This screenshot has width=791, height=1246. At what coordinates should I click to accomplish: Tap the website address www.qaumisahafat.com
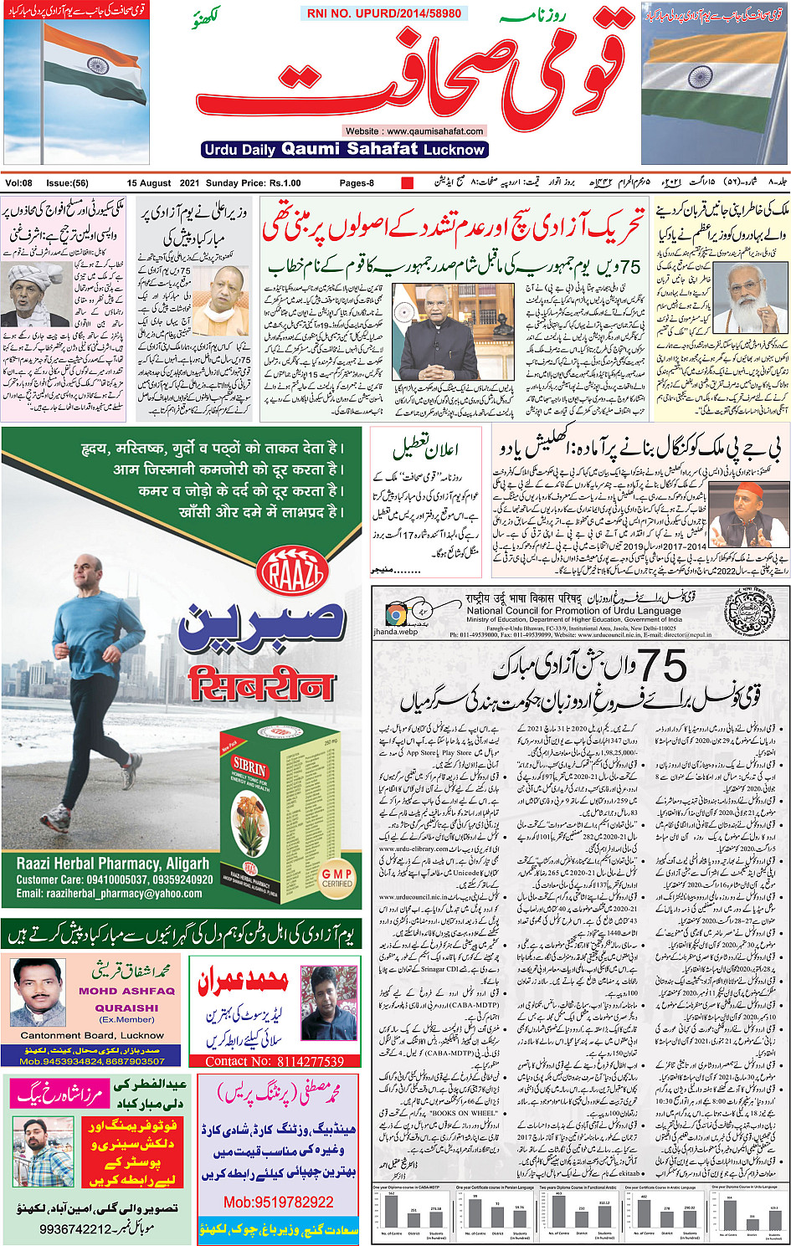click(x=414, y=131)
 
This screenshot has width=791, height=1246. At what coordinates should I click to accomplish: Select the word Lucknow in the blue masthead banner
click(x=454, y=150)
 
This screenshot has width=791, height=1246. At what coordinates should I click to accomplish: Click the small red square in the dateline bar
click(x=408, y=182)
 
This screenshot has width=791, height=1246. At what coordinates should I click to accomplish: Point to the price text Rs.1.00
click(x=285, y=183)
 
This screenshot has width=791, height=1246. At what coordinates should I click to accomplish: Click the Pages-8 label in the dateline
click(x=357, y=183)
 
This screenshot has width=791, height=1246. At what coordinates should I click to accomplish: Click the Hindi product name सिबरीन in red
click(x=261, y=685)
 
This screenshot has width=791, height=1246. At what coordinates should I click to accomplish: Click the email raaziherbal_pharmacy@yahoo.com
click(x=109, y=894)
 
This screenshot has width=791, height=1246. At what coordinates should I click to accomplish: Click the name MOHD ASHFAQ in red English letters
click(x=126, y=991)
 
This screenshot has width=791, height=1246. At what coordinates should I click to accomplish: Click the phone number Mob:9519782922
click(x=279, y=1202)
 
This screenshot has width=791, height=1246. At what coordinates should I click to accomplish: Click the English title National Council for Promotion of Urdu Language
click(x=574, y=611)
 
